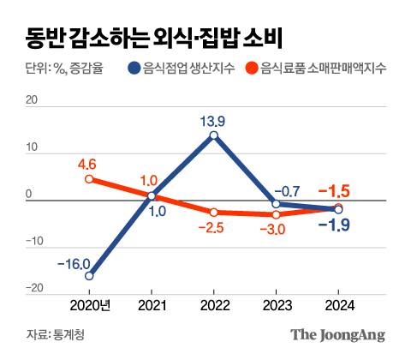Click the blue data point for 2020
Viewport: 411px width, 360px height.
click(89, 276)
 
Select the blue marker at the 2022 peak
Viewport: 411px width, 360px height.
click(213, 135)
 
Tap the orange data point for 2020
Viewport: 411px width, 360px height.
click(89, 179)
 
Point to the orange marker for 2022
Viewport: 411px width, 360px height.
click(213, 212)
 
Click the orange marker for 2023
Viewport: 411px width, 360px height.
click(276, 214)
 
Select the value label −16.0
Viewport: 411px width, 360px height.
click(74, 262)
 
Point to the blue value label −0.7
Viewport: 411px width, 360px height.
click(289, 189)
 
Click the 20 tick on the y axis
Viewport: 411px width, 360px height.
click(32, 100)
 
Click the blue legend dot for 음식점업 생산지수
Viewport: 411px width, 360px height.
click(135, 69)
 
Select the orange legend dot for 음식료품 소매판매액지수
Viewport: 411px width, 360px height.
click(252, 69)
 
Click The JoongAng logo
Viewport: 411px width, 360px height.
click(337, 334)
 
